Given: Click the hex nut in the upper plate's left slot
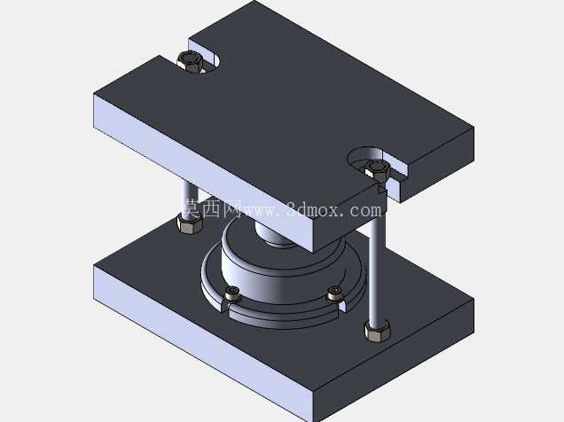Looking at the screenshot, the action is [190, 61].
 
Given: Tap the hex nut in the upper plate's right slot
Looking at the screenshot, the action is [377, 169].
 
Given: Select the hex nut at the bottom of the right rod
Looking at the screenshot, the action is [378, 331].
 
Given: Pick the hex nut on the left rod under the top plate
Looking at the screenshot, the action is [190, 223].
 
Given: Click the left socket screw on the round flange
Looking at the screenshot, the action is [232, 294].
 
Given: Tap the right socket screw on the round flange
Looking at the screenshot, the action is [334, 294].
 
